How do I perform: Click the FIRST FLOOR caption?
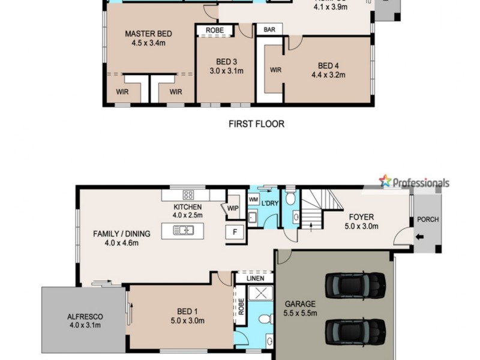pyautogui.click(x=256, y=124)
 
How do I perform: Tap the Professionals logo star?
pyautogui.click(x=385, y=181)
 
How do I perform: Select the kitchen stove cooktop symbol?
pyautogui.click(x=188, y=194)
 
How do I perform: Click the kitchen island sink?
pyautogui.click(x=182, y=230)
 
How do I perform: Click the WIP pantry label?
pyautogui.click(x=233, y=208)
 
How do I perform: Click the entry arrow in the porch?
pyautogui.click(x=418, y=236)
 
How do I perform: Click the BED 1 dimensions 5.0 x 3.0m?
pyautogui.click(x=187, y=320)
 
